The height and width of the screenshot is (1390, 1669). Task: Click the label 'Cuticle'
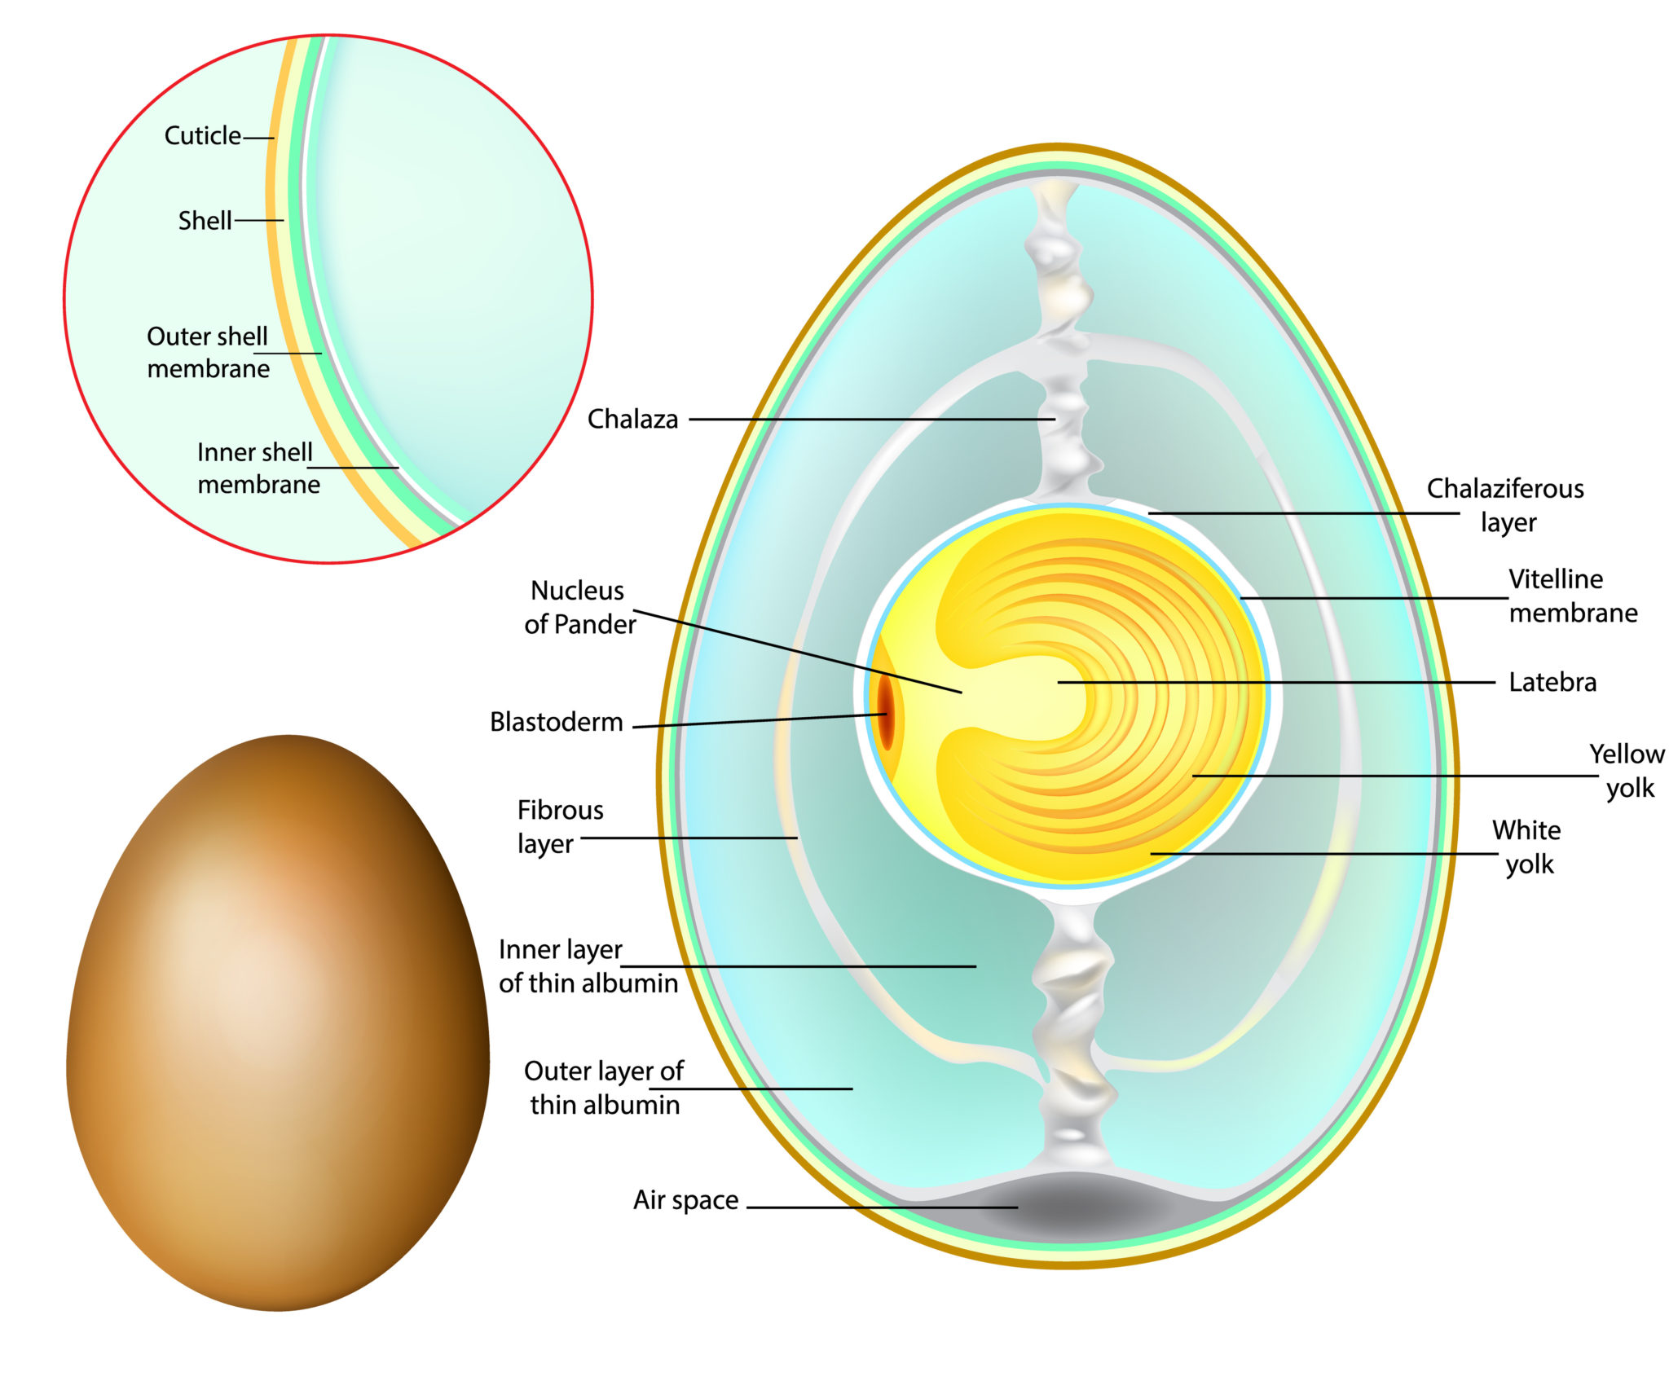pyautogui.click(x=202, y=135)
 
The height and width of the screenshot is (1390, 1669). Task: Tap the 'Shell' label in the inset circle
pyautogui.click(x=205, y=221)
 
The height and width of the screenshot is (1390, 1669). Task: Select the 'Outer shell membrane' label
pyautogui.click(x=208, y=353)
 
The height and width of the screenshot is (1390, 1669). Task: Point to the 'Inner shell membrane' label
pyautogui.click(x=258, y=468)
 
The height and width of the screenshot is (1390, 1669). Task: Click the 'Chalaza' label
pyautogui.click(x=632, y=419)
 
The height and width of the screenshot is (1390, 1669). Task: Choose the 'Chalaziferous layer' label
pyautogui.click(x=1505, y=505)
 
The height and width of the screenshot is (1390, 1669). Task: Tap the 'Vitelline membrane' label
pyautogui.click(x=1571, y=596)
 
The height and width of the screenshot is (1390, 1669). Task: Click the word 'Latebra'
pyautogui.click(x=1552, y=682)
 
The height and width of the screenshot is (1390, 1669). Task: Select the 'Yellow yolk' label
pyautogui.click(x=1627, y=771)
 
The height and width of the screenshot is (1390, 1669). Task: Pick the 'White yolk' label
pyautogui.click(x=1527, y=847)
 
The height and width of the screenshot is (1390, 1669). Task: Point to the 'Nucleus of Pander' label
pyautogui.click(x=579, y=607)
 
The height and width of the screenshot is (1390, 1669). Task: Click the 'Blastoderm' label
pyautogui.click(x=556, y=722)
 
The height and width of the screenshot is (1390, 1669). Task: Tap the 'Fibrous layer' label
pyautogui.click(x=560, y=827)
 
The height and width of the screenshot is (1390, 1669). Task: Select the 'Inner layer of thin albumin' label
pyautogui.click(x=588, y=966)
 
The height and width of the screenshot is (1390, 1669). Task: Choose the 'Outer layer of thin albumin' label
pyautogui.click(x=604, y=1088)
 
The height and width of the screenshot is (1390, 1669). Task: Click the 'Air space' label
pyautogui.click(x=685, y=1200)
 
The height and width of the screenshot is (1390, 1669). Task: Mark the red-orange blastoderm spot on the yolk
pyautogui.click(x=885, y=717)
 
